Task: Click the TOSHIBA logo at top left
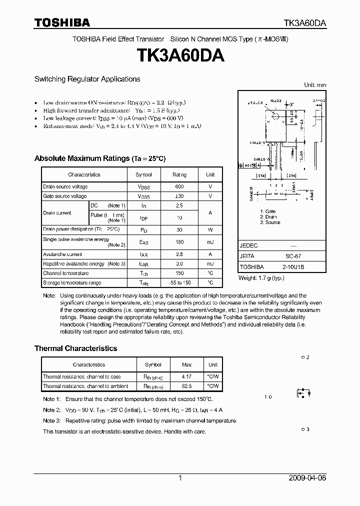pyautogui.click(x=62, y=22)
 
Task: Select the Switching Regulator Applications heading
pyautogui.click(x=87, y=79)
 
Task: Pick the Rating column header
pyautogui.click(x=179, y=174)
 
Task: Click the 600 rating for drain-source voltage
pyautogui.click(x=179, y=187)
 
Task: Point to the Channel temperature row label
pyautogui.click(x=65, y=273)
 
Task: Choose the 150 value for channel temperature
pyautogui.click(x=179, y=273)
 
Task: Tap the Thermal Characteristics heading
pyautogui.click(x=75, y=348)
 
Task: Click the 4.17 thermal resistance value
pyautogui.click(x=186, y=376)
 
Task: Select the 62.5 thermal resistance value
pyautogui.click(x=186, y=386)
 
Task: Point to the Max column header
pyautogui.click(x=186, y=365)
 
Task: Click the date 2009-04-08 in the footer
pyautogui.click(x=307, y=478)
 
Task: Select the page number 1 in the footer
pyautogui.click(x=180, y=478)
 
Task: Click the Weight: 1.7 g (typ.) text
pyautogui.click(x=261, y=277)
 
